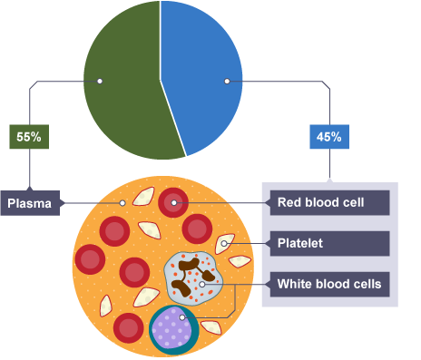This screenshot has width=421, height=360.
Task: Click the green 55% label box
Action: [x=29, y=137]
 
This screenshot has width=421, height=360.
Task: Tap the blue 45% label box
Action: [x=329, y=137]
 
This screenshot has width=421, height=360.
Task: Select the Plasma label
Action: [x=30, y=203]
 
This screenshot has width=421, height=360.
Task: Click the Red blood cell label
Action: [x=329, y=202]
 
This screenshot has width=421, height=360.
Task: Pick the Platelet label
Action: [x=329, y=244]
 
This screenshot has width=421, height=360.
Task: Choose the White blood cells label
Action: [x=329, y=285]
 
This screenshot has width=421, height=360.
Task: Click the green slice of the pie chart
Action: [x=127, y=91]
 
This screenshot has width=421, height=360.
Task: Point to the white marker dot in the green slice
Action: [x=100, y=81]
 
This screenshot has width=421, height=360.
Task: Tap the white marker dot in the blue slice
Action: [x=227, y=81]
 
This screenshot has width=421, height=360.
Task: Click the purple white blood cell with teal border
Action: [x=173, y=330]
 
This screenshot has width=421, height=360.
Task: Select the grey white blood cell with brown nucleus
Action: [x=193, y=278]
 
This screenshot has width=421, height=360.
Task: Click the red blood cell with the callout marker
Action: [x=173, y=202]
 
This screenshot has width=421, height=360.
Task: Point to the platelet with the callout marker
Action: [x=224, y=243]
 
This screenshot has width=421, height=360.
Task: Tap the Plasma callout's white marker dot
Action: [x=122, y=203]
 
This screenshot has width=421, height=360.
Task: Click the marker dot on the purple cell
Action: [x=181, y=317]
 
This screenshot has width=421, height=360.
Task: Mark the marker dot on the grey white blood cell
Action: [x=202, y=284]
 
